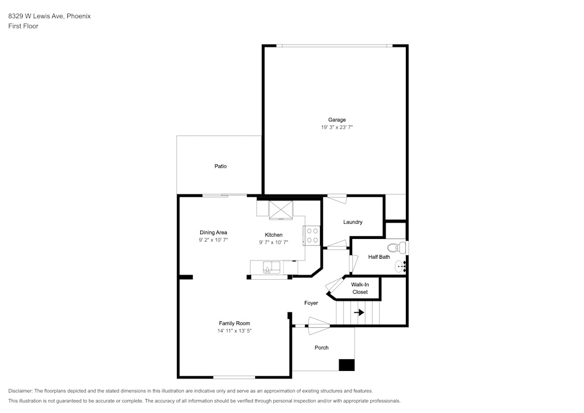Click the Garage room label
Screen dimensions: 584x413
(x=337, y=120)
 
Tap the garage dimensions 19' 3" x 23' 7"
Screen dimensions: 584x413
(x=337, y=127)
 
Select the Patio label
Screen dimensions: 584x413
(x=221, y=166)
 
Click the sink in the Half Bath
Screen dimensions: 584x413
(x=401, y=266)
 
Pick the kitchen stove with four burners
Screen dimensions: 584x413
(x=312, y=236)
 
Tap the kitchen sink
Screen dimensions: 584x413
(x=272, y=268)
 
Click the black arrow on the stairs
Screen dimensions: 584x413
(x=359, y=313)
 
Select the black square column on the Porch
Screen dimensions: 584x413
(x=346, y=365)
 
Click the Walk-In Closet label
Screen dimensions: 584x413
(x=360, y=288)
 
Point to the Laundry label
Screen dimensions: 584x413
(x=353, y=222)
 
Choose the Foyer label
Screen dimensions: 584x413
(x=311, y=303)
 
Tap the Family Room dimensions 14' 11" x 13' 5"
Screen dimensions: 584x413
(x=235, y=331)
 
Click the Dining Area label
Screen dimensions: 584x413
(x=213, y=232)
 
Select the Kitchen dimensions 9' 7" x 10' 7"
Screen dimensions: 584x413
(x=274, y=242)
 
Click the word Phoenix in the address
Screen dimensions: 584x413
(x=79, y=16)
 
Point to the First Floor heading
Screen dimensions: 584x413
(x=23, y=26)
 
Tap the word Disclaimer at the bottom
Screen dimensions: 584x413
(x=20, y=391)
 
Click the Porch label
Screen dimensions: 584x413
(x=321, y=348)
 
